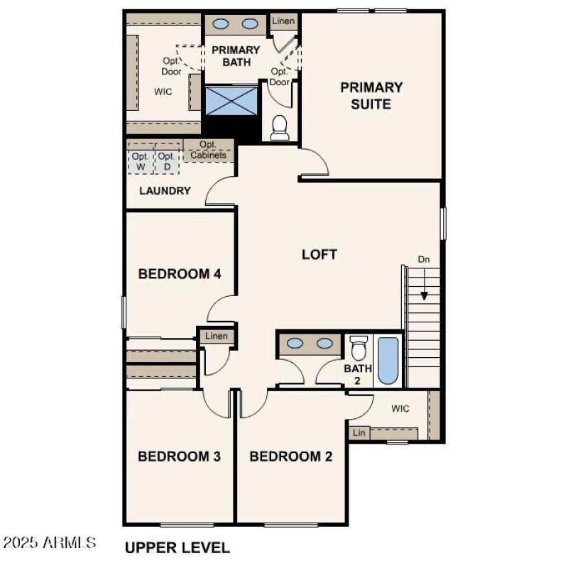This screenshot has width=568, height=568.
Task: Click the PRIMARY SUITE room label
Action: coord(371,96)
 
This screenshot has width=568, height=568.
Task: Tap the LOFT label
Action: coord(319,254)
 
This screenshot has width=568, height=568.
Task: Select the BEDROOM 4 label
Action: coord(174,274)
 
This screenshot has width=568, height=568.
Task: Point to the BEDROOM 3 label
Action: coord(179,457)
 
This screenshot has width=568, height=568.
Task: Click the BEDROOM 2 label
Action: coord(290,457)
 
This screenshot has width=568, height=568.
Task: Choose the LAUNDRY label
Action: coord(165,190)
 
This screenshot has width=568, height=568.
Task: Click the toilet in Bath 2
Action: coord(359,349)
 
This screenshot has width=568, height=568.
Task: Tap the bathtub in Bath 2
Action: coord(388,361)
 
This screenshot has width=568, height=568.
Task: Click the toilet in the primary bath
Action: coord(280,128)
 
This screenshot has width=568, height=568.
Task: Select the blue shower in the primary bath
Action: coord(231,100)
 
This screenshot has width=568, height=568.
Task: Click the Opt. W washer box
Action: coord(140,161)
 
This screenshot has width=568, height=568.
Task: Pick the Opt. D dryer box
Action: coord(166,161)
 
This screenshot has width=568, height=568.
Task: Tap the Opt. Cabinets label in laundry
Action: coord(208,150)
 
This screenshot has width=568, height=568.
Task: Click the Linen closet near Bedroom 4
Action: coord(217,336)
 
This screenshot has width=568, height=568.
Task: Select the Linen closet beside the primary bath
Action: coord(283,22)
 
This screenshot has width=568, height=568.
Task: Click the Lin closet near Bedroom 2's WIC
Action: coord(359,432)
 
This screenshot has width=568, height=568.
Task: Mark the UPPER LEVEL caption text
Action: coord(177,547)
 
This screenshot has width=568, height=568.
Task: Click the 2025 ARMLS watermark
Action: coord(50,543)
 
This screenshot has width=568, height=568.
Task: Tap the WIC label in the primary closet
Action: coord(163,92)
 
